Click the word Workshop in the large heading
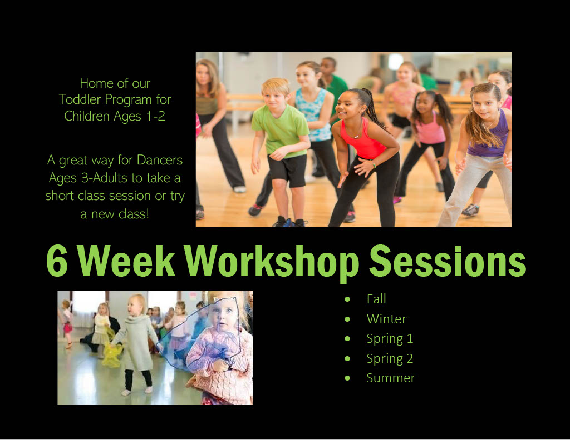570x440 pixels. [x=272, y=262]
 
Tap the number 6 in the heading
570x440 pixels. [x=57, y=261]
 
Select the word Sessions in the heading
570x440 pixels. [x=448, y=261]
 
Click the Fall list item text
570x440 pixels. [x=376, y=299]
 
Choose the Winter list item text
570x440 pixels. [x=386, y=319]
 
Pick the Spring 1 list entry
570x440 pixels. [x=390, y=339]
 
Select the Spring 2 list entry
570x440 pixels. [x=390, y=359]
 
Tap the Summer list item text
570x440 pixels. [x=391, y=378]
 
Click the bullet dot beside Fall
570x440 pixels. [x=347, y=299]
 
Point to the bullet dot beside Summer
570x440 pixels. [x=347, y=378]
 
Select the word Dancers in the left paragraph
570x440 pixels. [x=160, y=160]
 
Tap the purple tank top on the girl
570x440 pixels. [x=489, y=136]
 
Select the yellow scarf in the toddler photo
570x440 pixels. [x=112, y=354]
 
